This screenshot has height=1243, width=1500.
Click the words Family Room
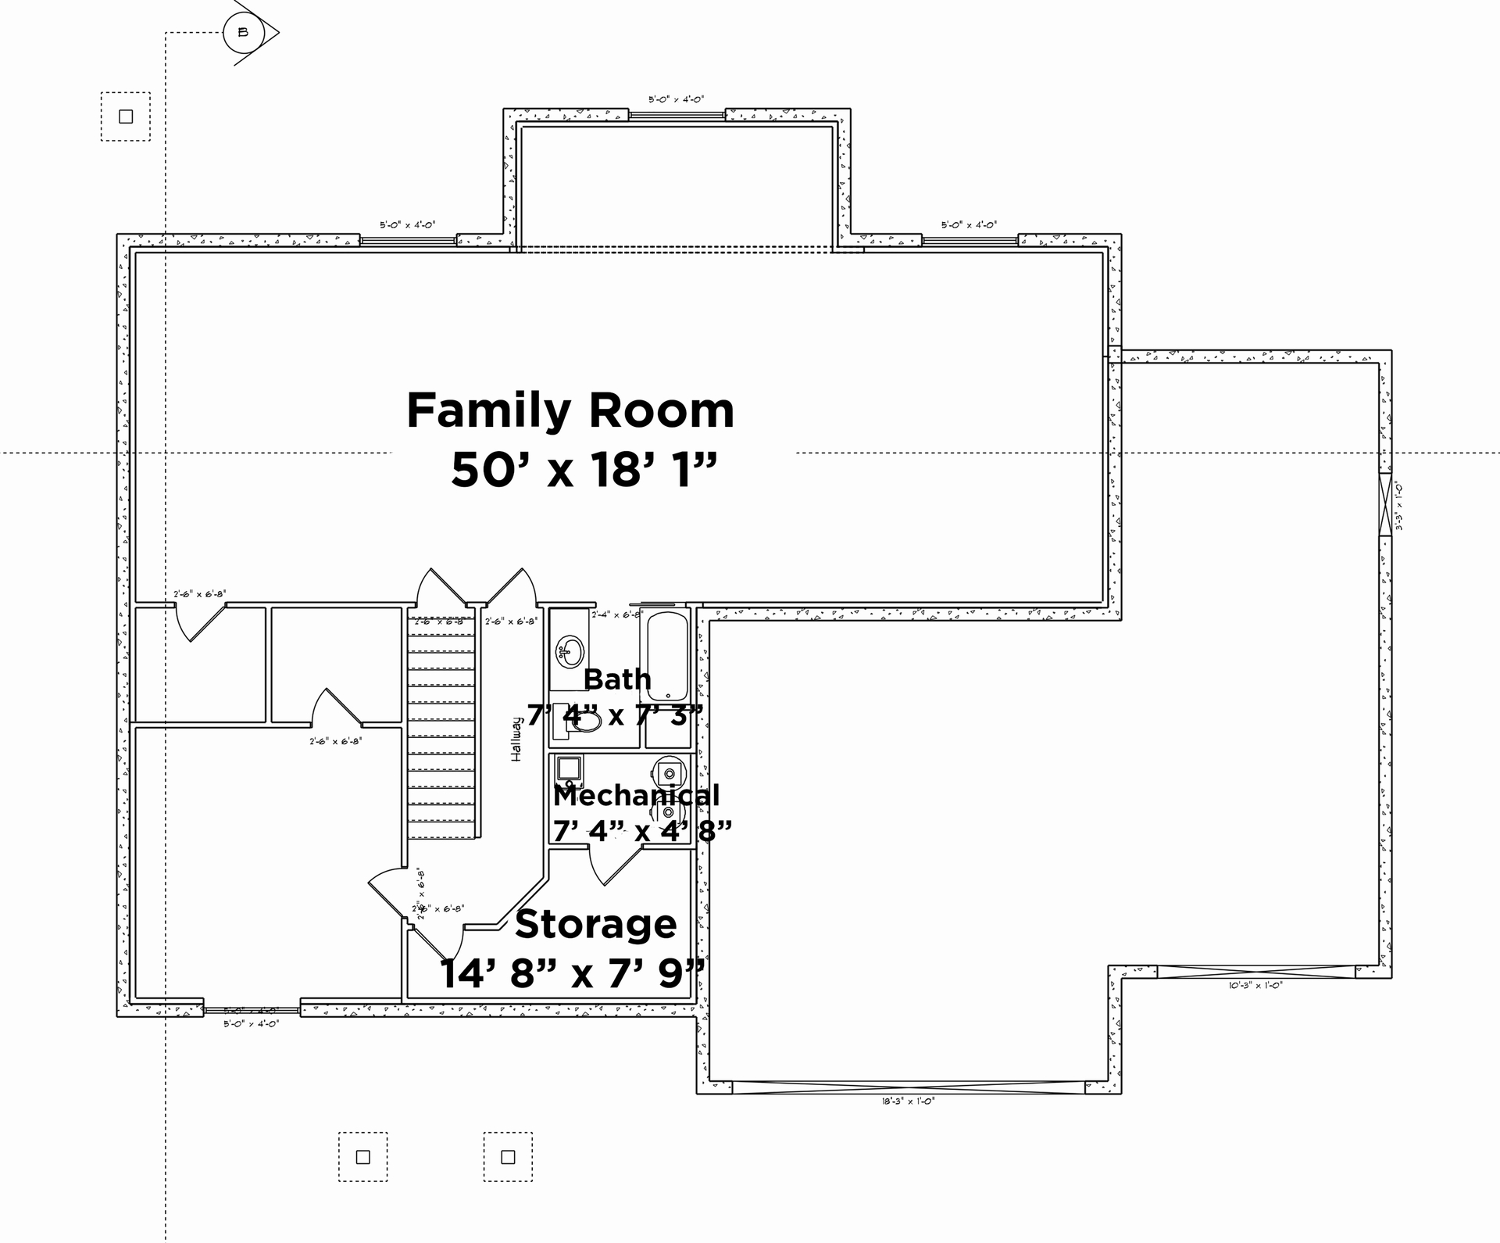point(570,411)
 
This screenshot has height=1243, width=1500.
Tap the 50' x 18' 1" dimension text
point(584,471)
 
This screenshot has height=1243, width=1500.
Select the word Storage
point(595,924)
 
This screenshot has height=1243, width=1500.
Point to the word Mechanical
point(636,795)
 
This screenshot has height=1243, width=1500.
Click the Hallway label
point(516,740)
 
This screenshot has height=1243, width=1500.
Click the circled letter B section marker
point(243,33)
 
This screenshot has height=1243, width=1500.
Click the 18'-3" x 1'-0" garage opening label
point(907,1101)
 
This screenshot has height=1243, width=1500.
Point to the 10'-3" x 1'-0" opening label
point(1255,986)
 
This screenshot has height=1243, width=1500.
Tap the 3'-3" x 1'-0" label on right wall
point(1399,507)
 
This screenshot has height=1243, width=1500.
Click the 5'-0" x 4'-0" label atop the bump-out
point(676,99)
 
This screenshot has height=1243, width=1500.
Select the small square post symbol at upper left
point(126,116)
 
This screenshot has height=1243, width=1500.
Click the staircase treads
point(441,727)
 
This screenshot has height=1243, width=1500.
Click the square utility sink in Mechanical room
point(569,768)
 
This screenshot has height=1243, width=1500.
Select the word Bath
point(616,679)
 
